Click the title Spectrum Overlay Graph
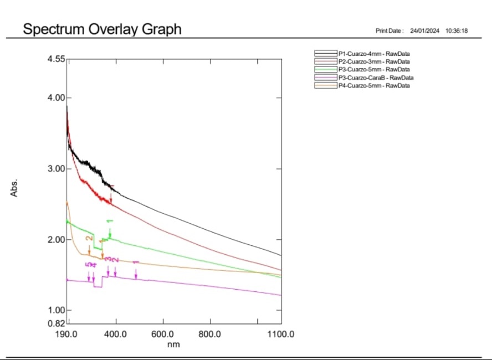(x=102, y=29)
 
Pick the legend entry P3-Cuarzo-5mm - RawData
(x=374, y=70)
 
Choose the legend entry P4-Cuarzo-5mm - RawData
(x=374, y=86)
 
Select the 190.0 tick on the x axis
(x=67, y=335)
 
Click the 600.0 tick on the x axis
(x=163, y=335)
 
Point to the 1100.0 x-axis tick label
(x=280, y=335)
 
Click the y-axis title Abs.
(x=15, y=188)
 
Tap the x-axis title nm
(x=174, y=344)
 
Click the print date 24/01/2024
(x=425, y=31)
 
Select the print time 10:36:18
(x=457, y=31)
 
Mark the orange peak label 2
(x=89, y=239)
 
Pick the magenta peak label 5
(x=88, y=265)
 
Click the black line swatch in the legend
(x=326, y=53)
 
